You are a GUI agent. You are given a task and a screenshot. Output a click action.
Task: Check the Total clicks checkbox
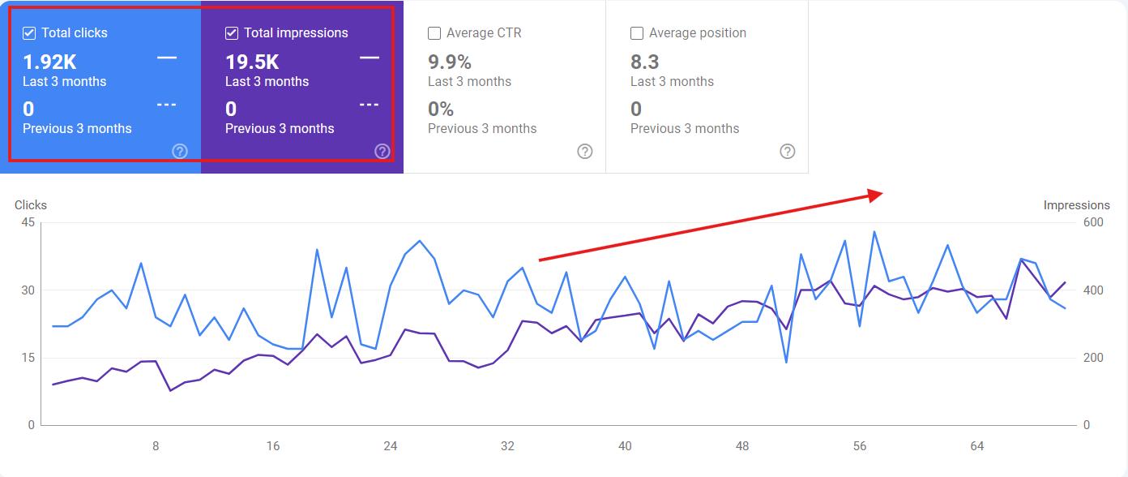[29, 33]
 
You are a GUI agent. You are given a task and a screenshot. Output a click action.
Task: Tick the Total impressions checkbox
[232, 33]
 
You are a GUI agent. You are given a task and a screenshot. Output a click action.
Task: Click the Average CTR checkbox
[434, 33]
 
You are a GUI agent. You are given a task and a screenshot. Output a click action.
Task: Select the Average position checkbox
[637, 33]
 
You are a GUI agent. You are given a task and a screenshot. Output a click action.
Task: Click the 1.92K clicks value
[49, 62]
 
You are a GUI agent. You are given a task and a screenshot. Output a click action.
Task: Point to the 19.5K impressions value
[252, 62]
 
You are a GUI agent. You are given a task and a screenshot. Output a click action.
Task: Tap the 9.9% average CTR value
[450, 62]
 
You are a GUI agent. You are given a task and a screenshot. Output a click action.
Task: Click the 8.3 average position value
[645, 62]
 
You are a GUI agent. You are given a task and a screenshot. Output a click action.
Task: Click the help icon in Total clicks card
[180, 152]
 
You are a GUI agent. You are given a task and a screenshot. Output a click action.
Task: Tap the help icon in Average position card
[787, 152]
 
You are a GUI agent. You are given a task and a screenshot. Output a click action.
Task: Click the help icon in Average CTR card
[584, 152]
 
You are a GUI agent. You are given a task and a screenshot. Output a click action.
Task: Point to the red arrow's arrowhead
[875, 195]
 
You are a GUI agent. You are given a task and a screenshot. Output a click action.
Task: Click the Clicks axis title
[31, 205]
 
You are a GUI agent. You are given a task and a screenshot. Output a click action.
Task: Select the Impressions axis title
[1076, 205]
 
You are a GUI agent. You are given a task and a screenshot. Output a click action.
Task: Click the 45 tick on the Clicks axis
[28, 222]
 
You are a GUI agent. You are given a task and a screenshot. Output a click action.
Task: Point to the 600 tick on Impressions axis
[1093, 222]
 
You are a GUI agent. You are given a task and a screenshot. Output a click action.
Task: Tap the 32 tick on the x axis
[508, 446]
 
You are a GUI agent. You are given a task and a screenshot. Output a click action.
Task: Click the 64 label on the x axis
[977, 446]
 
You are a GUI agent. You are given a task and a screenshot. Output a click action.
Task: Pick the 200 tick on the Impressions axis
[1093, 358]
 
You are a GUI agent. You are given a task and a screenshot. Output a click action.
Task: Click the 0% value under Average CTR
[441, 110]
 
